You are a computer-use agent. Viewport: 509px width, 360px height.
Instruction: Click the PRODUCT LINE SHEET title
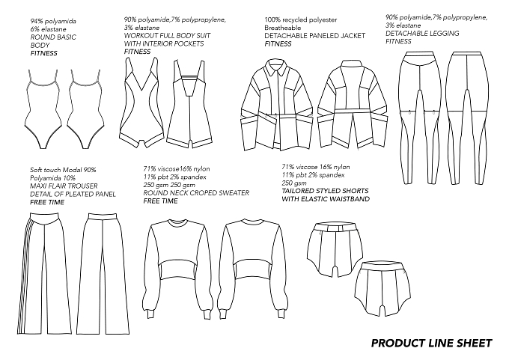[x=431, y=343]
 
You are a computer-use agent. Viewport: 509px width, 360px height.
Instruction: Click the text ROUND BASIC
[x=53, y=37]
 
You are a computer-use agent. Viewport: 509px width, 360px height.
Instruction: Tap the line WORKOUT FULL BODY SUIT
[x=167, y=35]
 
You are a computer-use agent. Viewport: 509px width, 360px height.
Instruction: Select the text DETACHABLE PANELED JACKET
[x=315, y=36]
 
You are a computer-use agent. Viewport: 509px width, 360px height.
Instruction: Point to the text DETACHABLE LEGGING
[x=422, y=34]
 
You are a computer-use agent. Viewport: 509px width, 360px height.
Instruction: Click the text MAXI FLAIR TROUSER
[x=64, y=186]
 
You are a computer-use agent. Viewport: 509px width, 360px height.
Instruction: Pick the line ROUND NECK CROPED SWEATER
[x=196, y=193]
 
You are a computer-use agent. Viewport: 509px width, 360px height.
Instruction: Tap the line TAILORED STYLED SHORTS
[x=326, y=191]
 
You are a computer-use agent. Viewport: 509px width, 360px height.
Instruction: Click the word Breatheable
[x=283, y=28]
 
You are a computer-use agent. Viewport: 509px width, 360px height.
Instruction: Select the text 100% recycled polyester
[x=301, y=19]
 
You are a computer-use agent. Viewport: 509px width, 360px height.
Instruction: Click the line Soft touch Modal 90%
[x=63, y=170]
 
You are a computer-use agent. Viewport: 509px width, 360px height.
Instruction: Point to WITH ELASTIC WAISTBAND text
[x=326, y=199]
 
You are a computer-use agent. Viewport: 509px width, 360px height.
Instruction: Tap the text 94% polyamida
[x=53, y=22]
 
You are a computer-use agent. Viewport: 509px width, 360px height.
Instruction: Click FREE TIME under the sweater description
[x=161, y=201]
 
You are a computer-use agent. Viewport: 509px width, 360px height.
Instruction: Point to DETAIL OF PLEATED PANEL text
[x=73, y=194]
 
